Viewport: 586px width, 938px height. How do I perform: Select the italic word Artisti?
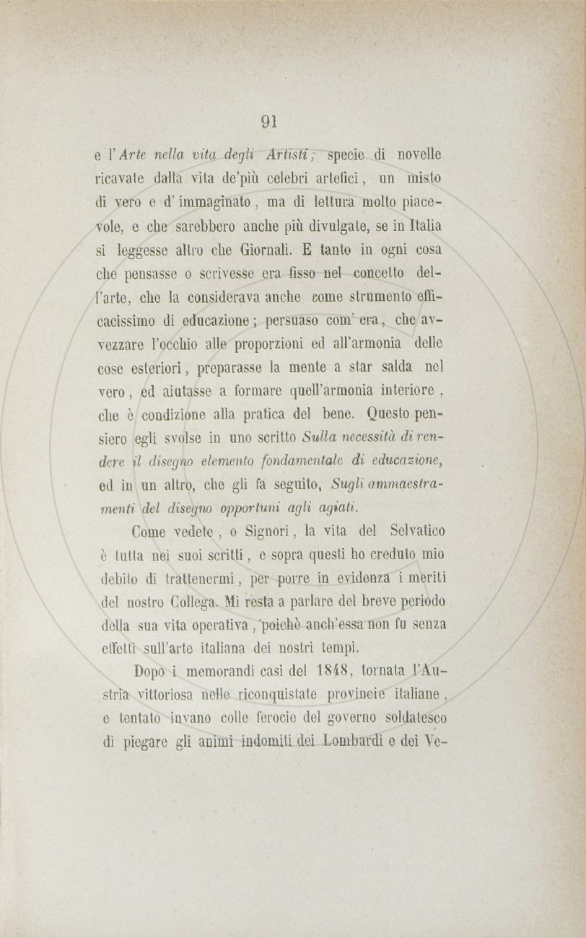(288, 154)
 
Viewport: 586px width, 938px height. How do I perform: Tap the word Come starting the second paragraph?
(150, 532)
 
